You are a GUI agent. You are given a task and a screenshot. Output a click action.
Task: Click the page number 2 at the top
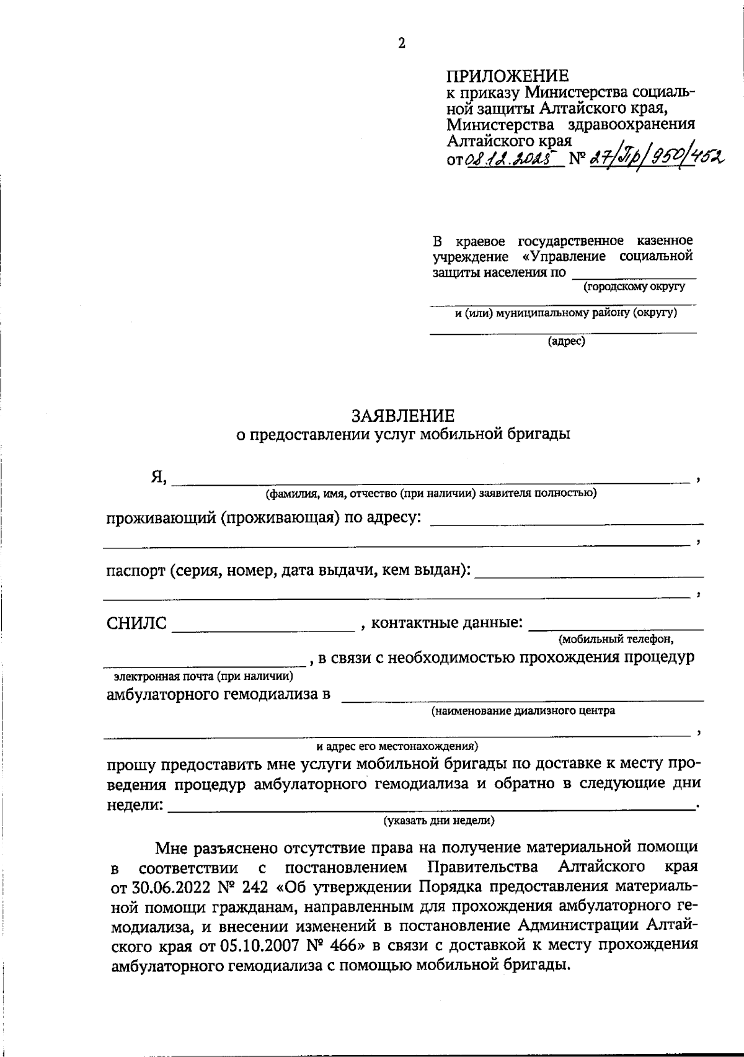tap(401, 43)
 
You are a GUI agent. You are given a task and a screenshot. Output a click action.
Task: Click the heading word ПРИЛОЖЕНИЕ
tap(507, 76)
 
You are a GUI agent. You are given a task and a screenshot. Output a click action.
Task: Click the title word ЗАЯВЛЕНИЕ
tap(403, 416)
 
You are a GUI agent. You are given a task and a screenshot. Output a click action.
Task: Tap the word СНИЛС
tap(137, 623)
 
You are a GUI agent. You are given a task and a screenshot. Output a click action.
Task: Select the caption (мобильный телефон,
tap(616, 638)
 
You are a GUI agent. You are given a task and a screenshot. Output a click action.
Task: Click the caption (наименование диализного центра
tap(523, 711)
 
